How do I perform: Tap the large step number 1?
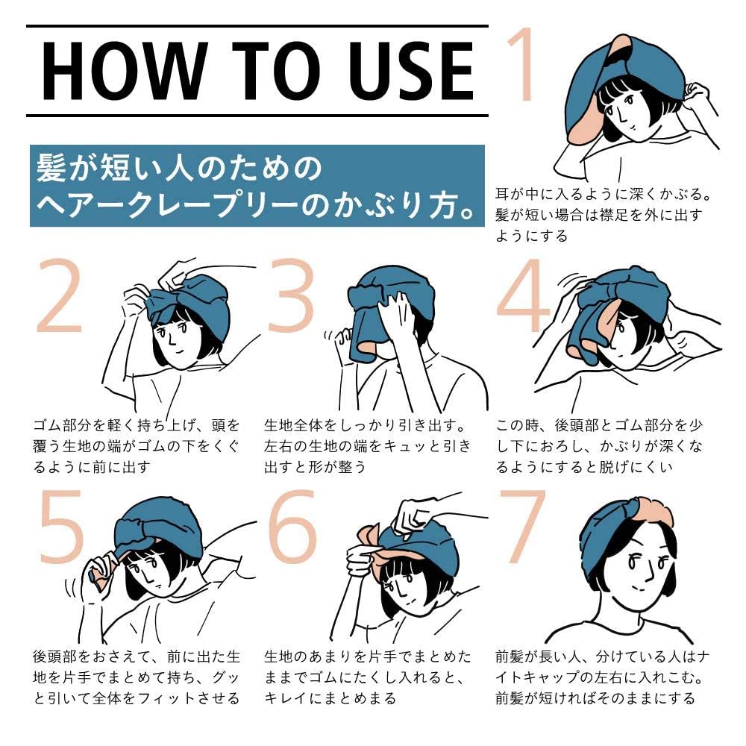coord(521,64)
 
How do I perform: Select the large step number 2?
coord(59,296)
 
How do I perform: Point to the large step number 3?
coord(291,296)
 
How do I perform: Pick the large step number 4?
coord(521,296)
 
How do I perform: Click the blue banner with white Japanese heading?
coord(257,186)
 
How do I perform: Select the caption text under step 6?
coord(367,677)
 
